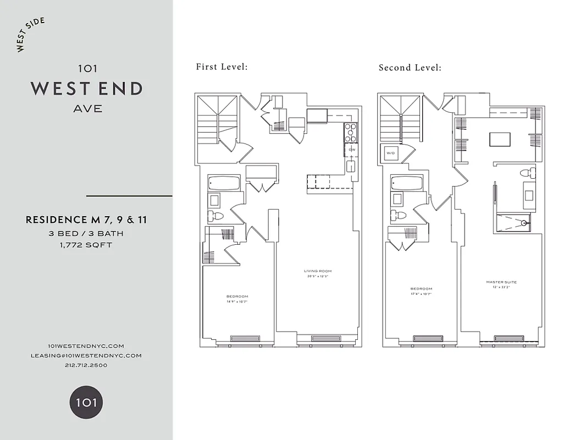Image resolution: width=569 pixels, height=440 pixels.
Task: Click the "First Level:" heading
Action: point(222,67)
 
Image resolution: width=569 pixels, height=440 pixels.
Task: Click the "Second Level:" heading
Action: point(410,68)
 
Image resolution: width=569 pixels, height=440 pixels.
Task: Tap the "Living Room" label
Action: point(318,271)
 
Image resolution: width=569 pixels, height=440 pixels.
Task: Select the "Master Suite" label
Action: point(501,282)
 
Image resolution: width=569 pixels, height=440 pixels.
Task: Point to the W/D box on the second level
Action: point(391,153)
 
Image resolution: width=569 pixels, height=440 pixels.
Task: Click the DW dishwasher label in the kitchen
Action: point(351,150)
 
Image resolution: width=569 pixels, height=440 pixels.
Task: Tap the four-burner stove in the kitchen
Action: point(351,132)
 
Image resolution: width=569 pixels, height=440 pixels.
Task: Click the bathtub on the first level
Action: point(224,183)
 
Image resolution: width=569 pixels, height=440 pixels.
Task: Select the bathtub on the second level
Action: point(406,183)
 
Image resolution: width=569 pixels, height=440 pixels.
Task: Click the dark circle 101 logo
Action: point(86,402)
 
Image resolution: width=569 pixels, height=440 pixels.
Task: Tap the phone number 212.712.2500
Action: point(86,365)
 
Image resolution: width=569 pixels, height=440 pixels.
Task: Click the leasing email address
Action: point(86,355)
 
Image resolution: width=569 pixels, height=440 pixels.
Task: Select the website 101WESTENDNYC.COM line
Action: point(86,346)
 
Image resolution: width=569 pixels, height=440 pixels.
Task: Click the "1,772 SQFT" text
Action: point(86,245)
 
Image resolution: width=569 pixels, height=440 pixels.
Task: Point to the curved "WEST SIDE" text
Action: point(31,35)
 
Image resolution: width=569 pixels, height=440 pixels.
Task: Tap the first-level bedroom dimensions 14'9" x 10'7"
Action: point(237,301)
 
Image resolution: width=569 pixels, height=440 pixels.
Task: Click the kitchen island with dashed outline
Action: point(329,181)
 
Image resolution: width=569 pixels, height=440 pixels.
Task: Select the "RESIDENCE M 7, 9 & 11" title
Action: point(86,220)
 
